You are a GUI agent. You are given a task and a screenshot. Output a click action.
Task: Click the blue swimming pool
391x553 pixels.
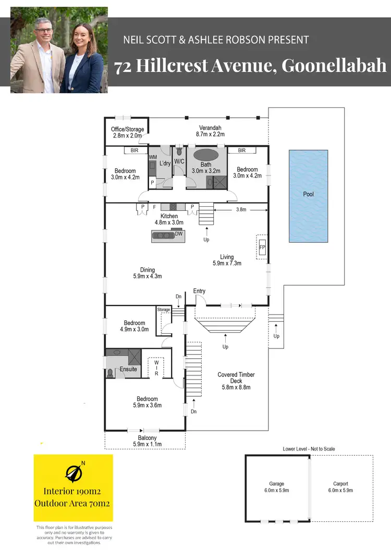[309, 196]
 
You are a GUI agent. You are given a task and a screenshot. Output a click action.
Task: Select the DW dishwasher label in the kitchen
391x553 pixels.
[179, 234]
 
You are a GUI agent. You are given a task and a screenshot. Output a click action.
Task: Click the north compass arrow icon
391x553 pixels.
[74, 472]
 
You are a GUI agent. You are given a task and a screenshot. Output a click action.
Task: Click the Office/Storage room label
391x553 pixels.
[127, 132]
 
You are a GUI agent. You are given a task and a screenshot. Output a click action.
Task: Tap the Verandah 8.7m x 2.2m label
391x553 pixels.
[211, 131]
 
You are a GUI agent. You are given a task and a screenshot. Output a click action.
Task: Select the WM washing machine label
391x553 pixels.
[153, 157]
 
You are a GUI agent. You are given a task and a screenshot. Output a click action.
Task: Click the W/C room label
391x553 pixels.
[179, 161]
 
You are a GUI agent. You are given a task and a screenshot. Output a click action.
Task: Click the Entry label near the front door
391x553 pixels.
[199, 291]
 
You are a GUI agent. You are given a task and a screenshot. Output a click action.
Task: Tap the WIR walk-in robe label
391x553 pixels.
[156, 367]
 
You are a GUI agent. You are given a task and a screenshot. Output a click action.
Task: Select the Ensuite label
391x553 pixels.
[128, 369]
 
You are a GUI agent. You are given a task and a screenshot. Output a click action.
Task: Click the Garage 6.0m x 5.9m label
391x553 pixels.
[276, 487]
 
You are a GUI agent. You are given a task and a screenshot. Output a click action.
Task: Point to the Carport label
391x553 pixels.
[341, 484]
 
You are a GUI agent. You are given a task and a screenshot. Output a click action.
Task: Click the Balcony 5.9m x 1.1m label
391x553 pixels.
[148, 441]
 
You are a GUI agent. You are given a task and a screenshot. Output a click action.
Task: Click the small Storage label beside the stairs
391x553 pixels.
[164, 310]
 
